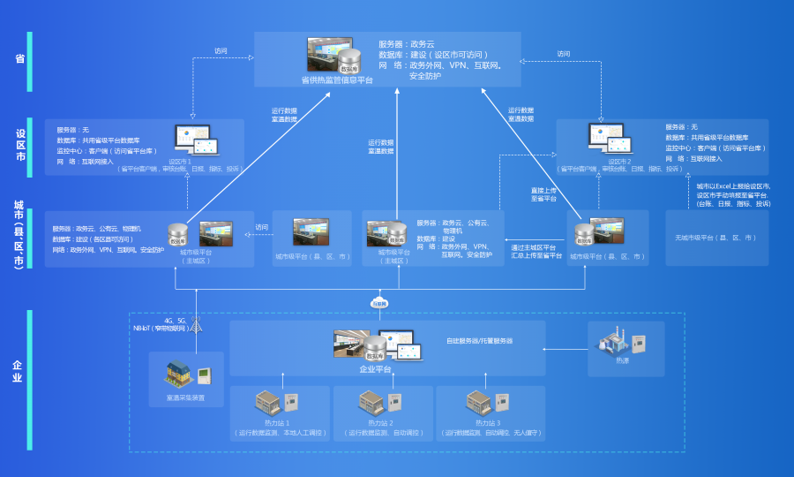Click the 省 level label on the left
(19, 59)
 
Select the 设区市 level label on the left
(19, 146)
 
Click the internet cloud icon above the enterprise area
(378, 302)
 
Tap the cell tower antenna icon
(197, 326)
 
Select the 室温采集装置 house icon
(179, 375)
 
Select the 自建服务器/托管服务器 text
(479, 340)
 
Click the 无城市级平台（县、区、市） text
(716, 238)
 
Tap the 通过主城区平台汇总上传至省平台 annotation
(536, 251)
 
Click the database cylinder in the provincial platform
(349, 62)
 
